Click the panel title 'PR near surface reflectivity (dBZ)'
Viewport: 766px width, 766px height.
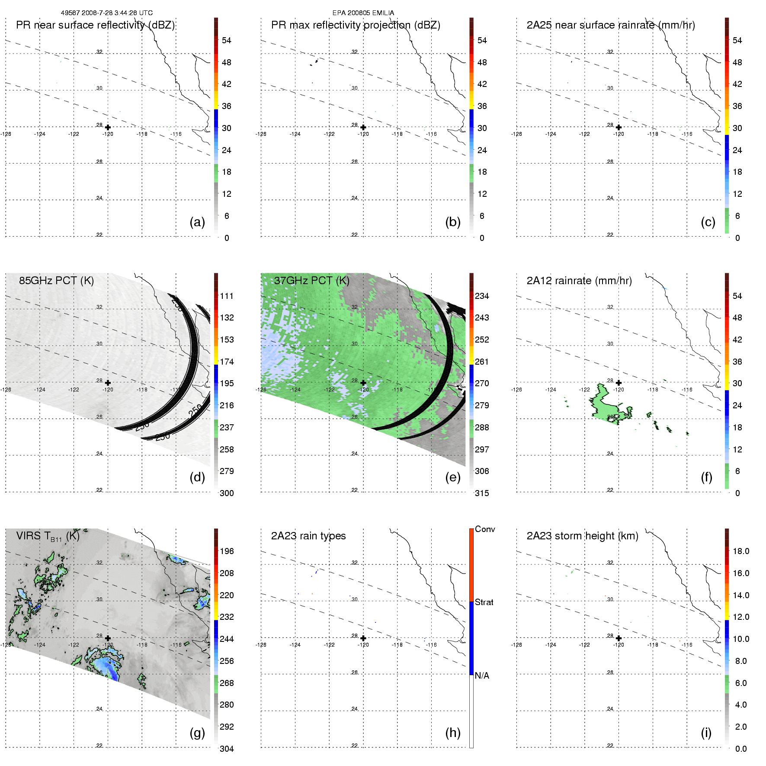[x=95, y=25]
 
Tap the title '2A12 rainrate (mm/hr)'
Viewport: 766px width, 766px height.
[x=579, y=281]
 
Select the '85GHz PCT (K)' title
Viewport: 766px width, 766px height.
[x=56, y=281]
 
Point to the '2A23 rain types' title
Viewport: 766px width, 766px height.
[x=308, y=536]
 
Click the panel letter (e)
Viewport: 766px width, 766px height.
[x=452, y=477]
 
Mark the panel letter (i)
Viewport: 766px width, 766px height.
[x=706, y=733]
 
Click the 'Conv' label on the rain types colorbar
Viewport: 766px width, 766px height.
[x=485, y=529]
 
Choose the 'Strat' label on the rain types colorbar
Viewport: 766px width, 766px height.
[x=484, y=602]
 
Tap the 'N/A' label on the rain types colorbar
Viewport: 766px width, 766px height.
[x=482, y=676]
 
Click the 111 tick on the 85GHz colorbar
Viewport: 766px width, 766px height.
[x=227, y=296]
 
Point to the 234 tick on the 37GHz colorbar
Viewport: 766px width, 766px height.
[x=482, y=296]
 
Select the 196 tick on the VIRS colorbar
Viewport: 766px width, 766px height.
[x=227, y=551]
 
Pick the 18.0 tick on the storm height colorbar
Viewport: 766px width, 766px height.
[x=741, y=551]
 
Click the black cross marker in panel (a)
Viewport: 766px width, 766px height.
[x=108, y=128]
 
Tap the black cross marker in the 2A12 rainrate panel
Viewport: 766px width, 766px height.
[x=619, y=383]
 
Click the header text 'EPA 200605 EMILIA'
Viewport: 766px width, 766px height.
[x=363, y=13]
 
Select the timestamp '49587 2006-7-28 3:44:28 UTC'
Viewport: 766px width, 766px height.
[x=107, y=13]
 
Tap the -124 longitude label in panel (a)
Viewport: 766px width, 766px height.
[x=40, y=134]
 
